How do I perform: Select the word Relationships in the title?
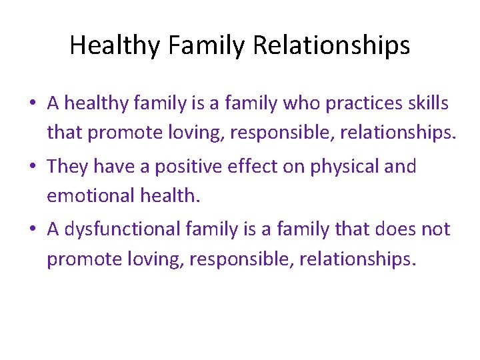click(x=331, y=46)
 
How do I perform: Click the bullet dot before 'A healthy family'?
click(x=31, y=104)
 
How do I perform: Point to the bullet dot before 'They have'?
click(x=31, y=167)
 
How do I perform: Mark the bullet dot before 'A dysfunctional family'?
click(x=31, y=230)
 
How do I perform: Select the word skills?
click(x=426, y=103)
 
